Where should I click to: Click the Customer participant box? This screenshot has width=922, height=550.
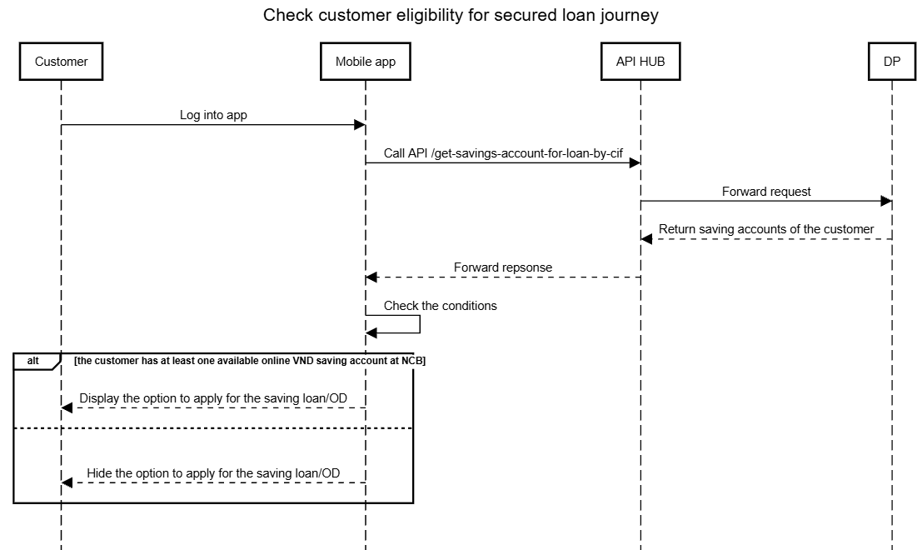click(x=61, y=61)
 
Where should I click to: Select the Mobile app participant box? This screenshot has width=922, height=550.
click(x=365, y=61)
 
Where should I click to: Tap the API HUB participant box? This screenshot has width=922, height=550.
click(x=640, y=61)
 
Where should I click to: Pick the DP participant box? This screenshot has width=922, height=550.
click(x=891, y=61)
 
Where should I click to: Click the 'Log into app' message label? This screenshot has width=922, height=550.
click(x=213, y=115)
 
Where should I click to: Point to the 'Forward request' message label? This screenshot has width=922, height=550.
click(x=766, y=192)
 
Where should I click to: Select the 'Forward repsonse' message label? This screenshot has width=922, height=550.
click(x=503, y=267)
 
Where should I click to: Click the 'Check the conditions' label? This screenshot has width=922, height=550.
click(x=441, y=306)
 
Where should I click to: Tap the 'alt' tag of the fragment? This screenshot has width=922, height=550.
click(x=33, y=361)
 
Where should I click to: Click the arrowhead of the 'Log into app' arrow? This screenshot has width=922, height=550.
click(x=359, y=125)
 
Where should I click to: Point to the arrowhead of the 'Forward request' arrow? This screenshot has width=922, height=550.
click(x=885, y=201)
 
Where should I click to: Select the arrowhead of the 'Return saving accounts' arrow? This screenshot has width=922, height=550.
click(x=647, y=239)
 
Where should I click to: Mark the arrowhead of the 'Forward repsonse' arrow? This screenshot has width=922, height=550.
click(x=371, y=277)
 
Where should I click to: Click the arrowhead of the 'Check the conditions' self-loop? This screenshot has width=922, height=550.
click(x=371, y=333)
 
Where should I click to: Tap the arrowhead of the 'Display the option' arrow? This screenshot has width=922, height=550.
click(x=67, y=407)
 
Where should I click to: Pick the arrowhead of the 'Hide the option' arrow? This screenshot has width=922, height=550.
click(x=67, y=482)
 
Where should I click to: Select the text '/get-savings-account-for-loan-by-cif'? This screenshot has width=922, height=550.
click(x=527, y=153)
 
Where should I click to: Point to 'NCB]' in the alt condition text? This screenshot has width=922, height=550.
click(x=413, y=361)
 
